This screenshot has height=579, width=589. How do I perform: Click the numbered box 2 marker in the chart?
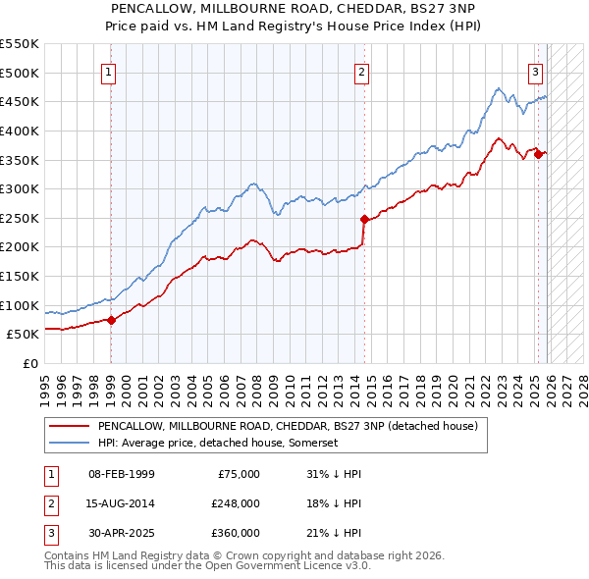(362, 71)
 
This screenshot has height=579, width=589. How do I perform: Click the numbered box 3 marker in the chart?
(535, 71)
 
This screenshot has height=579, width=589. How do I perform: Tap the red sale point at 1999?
(111, 319)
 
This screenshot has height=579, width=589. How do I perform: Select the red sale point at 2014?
(364, 219)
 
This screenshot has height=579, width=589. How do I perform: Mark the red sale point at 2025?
(538, 153)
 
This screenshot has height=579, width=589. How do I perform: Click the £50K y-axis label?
(24, 334)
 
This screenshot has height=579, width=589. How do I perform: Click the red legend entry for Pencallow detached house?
(287, 427)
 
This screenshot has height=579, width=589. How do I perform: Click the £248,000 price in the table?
(235, 503)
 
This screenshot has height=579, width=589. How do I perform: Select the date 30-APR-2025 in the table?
(121, 533)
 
